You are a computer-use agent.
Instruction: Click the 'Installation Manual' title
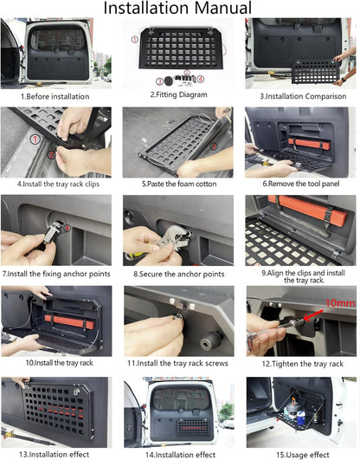177,8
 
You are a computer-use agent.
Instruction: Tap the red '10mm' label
340,302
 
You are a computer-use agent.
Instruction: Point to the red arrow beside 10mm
313,314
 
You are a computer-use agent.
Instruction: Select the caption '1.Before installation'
55,96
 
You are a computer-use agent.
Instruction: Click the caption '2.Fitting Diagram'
178,94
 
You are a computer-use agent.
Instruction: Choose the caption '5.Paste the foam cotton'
179,184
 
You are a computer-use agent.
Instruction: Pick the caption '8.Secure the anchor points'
179,274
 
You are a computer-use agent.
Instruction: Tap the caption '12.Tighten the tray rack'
303,364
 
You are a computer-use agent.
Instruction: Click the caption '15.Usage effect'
303,455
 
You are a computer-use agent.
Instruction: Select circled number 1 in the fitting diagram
134,39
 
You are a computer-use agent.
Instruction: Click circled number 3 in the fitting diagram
159,81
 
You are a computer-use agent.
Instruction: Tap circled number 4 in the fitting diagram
201,79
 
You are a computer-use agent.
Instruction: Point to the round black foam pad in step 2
169,81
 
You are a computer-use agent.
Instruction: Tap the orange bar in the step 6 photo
309,144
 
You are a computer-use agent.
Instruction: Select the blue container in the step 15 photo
301,418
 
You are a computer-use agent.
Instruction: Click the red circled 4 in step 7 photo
67,228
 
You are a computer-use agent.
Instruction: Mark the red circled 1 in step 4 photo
35,139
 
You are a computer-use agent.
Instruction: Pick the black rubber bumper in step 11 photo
210,340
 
